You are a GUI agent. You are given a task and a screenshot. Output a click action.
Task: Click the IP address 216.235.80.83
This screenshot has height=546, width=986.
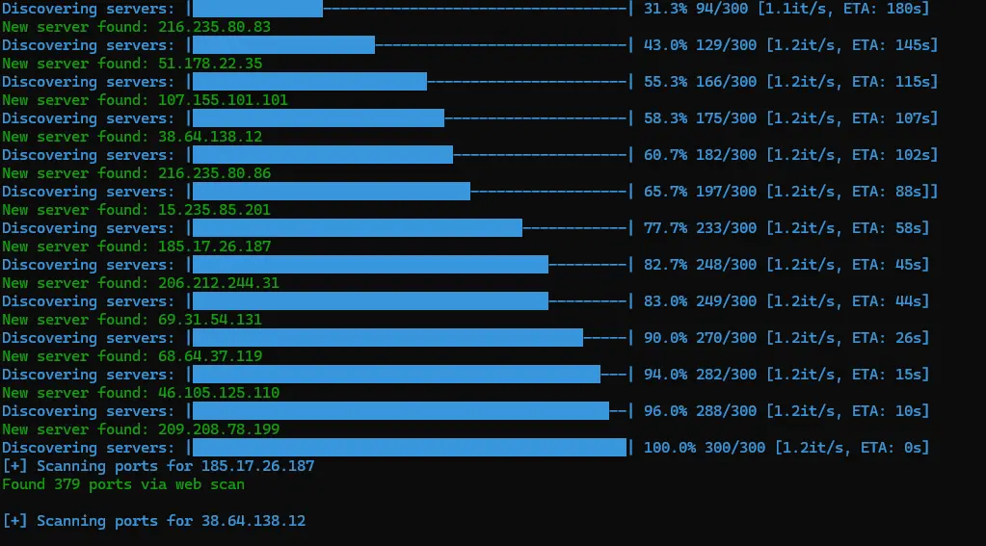214,27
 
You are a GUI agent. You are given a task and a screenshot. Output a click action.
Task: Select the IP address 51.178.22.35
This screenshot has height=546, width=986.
210,64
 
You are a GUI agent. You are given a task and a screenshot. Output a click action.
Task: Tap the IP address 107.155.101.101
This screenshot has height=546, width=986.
223,100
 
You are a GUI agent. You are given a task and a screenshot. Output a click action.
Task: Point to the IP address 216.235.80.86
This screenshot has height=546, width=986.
214,173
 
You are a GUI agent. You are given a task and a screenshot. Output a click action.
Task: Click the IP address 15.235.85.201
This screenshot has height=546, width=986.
214,210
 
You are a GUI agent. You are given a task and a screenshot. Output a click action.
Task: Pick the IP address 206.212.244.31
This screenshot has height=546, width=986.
218,283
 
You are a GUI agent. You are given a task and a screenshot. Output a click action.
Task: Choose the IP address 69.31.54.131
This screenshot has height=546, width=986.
210,320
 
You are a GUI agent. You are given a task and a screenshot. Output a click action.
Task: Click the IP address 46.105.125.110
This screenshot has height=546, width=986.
218,393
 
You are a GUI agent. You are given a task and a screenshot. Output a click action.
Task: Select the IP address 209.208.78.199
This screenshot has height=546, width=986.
218,429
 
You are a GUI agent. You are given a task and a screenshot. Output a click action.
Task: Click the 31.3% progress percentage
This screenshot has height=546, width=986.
665,9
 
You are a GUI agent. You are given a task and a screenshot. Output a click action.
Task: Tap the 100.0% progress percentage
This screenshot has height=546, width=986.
670,448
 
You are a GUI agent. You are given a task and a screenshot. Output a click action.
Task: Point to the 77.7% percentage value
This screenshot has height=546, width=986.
665,228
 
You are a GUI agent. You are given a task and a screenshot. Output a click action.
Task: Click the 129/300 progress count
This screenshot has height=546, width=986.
727,45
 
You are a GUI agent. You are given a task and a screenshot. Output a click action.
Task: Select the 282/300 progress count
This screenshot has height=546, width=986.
727,375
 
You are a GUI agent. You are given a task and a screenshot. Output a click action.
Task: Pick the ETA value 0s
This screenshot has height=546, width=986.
912,448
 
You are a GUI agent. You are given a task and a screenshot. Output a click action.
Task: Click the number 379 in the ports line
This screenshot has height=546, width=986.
67,484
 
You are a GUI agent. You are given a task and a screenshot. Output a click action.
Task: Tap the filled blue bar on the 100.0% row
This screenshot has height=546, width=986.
410,448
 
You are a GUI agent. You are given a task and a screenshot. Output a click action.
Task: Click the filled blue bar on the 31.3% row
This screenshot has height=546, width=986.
257,8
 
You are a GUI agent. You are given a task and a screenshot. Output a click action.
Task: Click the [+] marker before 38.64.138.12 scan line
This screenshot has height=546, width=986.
14,521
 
